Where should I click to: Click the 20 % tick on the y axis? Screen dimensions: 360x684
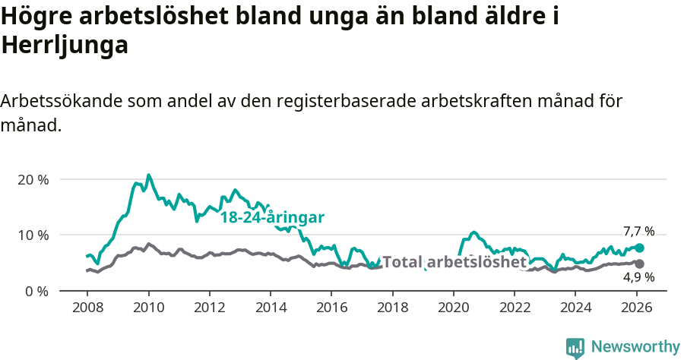[x=33, y=179]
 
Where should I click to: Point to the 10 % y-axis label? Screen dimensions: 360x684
[x=33, y=235]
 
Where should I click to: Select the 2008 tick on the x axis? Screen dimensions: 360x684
[x=87, y=307]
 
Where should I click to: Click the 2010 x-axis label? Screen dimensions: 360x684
[x=148, y=307]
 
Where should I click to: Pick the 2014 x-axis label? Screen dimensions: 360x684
[x=270, y=307]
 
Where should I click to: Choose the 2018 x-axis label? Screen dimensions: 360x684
[x=392, y=307]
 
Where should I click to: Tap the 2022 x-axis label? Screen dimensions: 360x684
[x=515, y=307]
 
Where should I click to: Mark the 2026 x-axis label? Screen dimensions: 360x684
[x=636, y=307]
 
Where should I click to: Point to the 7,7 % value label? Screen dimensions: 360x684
[x=638, y=232]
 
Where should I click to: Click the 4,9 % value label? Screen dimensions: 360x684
[x=638, y=277]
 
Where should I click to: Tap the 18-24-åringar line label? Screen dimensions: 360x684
[x=272, y=217]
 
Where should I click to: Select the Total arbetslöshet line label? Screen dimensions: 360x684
[x=454, y=262]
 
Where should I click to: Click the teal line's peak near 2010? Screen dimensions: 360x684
[x=148, y=175]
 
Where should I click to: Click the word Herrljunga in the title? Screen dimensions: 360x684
[x=65, y=46]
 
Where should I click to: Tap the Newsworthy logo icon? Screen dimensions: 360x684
[x=575, y=347]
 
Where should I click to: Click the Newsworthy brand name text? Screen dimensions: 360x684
[x=635, y=347]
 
